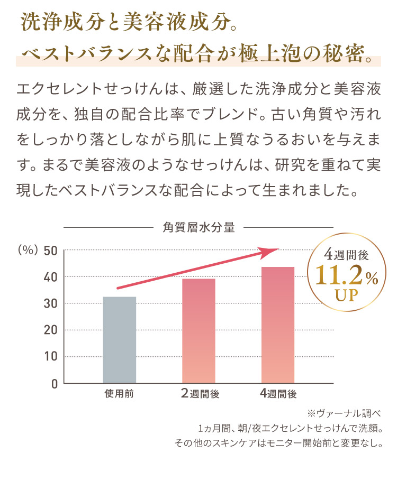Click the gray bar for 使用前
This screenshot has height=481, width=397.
point(119,339)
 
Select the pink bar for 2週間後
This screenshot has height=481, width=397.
point(198,330)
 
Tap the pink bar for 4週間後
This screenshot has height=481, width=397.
point(277,325)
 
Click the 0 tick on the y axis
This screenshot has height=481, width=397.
point(53,383)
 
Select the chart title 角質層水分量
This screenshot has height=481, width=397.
point(198,228)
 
